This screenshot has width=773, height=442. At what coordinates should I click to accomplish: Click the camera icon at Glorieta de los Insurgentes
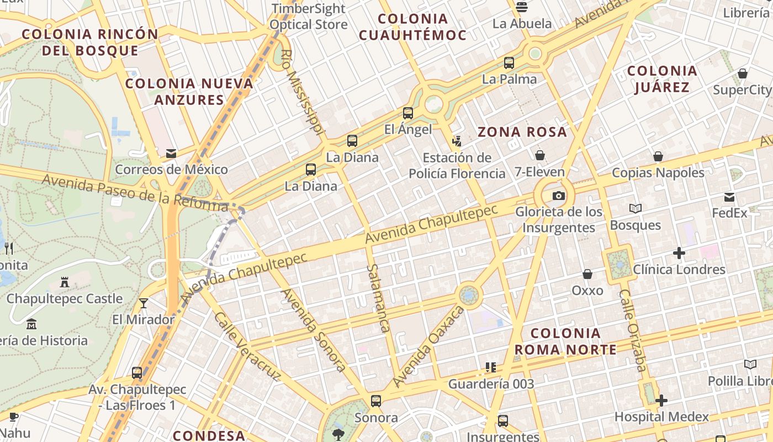(x=559, y=196)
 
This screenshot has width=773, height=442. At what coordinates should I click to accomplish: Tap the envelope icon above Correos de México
(x=171, y=153)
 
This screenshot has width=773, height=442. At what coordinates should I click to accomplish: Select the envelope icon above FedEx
(x=729, y=197)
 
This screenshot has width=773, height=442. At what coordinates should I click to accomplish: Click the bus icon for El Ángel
(x=408, y=113)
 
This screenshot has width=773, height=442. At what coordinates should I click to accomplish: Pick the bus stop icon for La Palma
(x=509, y=63)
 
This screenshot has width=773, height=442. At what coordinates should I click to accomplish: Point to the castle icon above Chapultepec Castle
(x=65, y=282)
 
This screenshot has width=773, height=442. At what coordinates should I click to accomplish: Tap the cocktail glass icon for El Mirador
(x=144, y=303)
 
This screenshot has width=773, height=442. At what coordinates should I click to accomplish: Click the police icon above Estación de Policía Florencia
(x=457, y=141)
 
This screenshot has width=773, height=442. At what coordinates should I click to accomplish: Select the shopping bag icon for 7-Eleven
(x=540, y=156)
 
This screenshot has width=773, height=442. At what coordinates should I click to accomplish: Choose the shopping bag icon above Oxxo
(x=587, y=274)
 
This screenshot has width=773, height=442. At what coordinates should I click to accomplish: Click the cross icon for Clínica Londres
(x=679, y=254)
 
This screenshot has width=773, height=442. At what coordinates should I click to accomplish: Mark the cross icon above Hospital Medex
(x=661, y=401)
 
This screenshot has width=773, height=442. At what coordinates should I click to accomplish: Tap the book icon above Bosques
(x=636, y=209)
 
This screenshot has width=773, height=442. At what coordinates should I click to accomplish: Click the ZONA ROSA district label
(x=522, y=132)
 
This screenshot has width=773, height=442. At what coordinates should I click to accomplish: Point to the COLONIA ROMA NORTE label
(x=565, y=341)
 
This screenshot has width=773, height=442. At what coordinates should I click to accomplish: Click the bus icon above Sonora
(x=376, y=401)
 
